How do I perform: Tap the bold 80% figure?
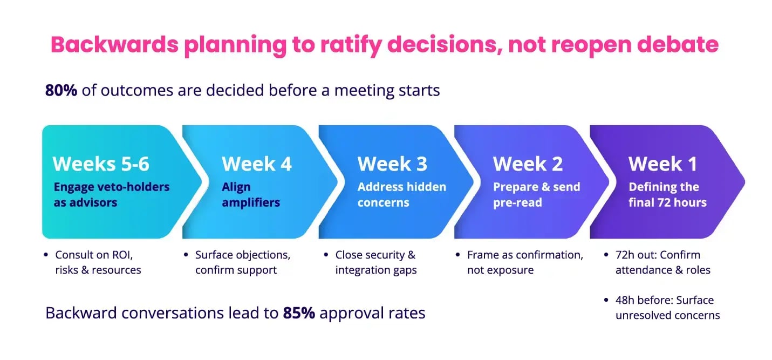point(61,91)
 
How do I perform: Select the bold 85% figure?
point(298,313)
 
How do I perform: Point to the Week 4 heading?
point(256,164)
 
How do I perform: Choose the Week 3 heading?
point(392,164)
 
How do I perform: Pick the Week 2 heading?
point(528,164)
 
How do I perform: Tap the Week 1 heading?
point(662,164)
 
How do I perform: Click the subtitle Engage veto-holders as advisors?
point(111,195)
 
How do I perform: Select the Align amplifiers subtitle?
point(251,195)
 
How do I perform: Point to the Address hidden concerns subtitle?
point(401,195)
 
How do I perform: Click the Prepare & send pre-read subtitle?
point(536,195)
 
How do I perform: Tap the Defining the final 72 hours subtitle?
point(667,195)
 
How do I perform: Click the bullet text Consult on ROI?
point(98,262)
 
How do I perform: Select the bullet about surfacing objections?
point(242,262)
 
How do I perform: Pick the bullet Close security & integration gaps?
point(375,262)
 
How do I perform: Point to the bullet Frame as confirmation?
point(524,262)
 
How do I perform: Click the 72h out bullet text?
point(662,262)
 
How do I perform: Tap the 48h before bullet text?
point(667,308)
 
